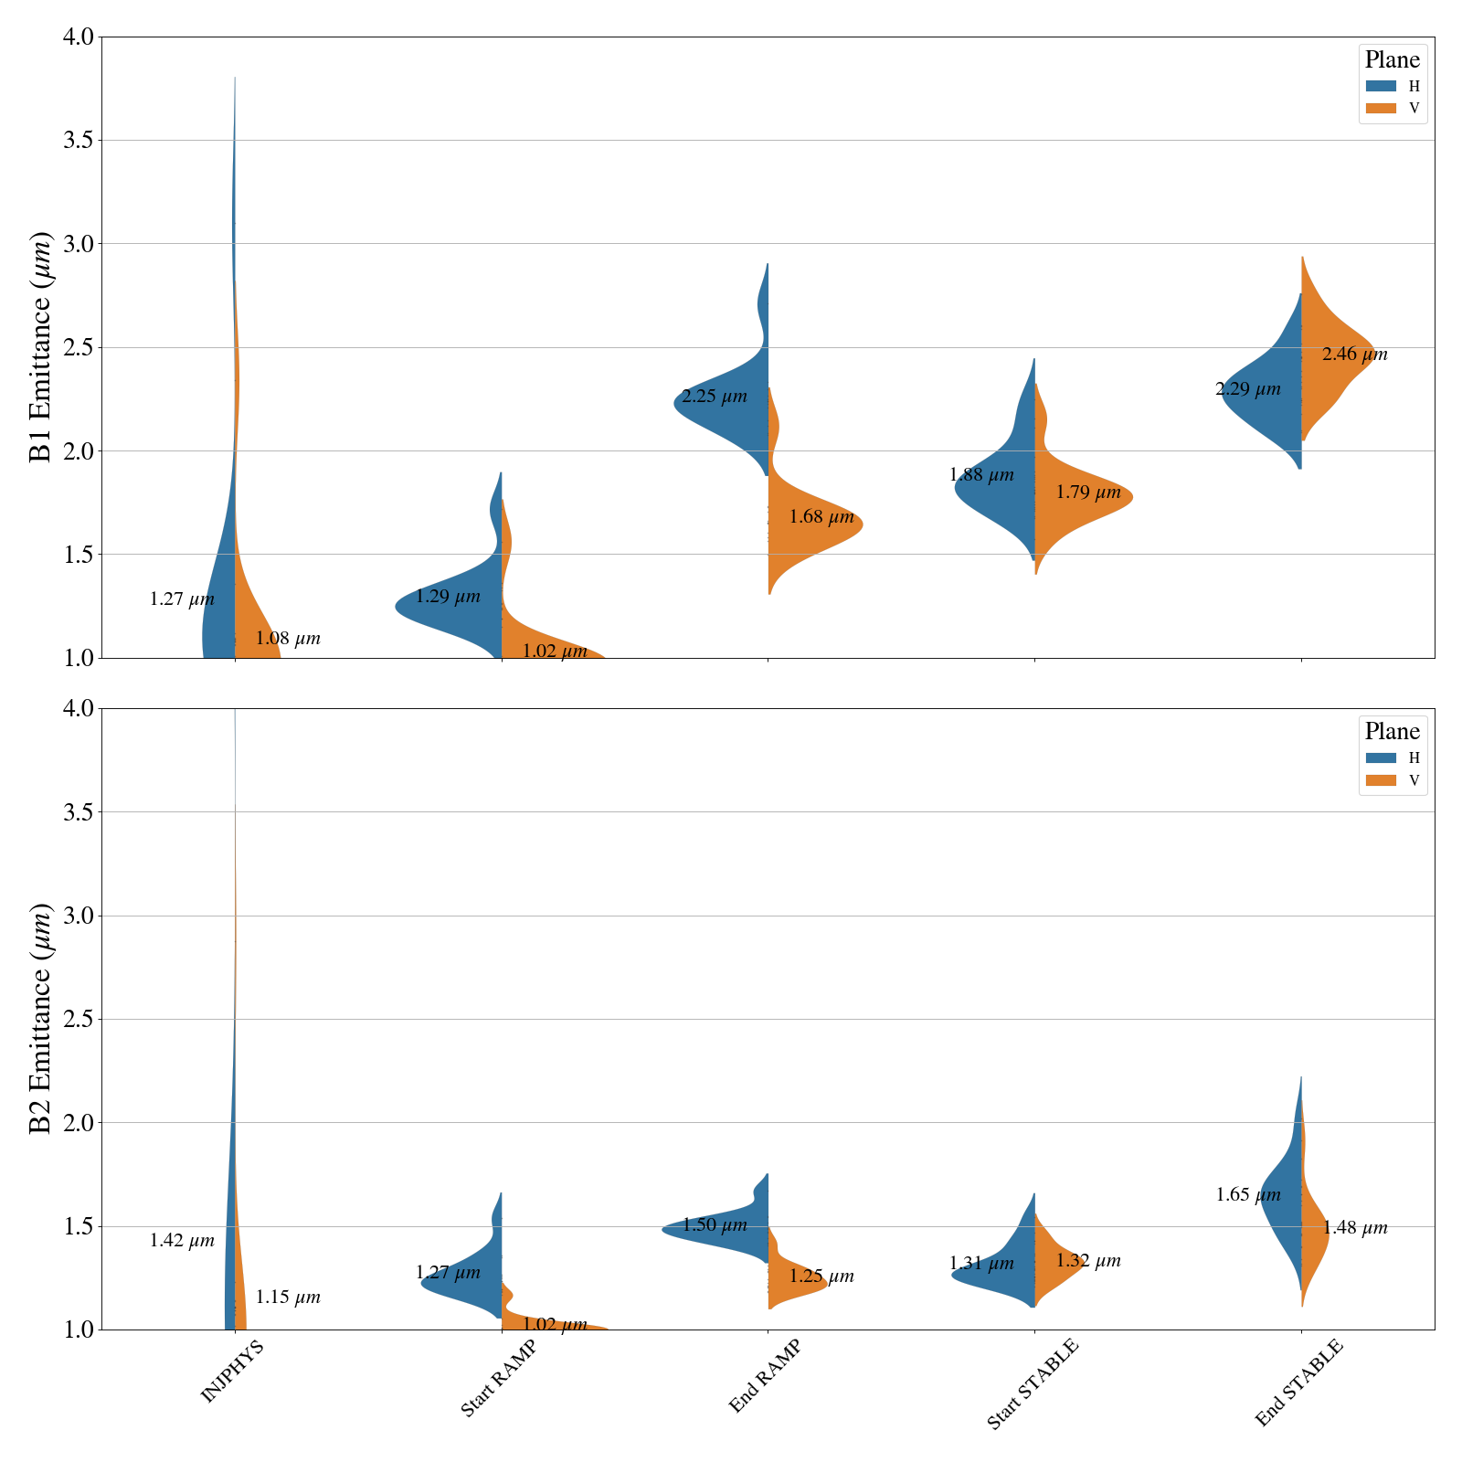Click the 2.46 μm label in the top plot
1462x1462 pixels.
point(1354,355)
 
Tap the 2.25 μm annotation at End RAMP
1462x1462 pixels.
point(714,397)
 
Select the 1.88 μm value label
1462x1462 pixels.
point(981,475)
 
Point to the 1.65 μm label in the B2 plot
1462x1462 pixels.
point(1248,1194)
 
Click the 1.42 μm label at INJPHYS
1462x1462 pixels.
point(182,1241)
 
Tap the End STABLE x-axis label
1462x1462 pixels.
point(1298,1383)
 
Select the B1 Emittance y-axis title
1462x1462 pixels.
point(41,347)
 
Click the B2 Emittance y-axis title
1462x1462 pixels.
point(41,1019)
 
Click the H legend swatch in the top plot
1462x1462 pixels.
point(1381,86)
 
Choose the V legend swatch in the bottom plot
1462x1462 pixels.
point(1381,780)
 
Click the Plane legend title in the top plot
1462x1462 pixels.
point(1392,60)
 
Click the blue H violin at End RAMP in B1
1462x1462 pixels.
point(731,402)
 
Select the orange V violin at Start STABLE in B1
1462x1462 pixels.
point(1078,498)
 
